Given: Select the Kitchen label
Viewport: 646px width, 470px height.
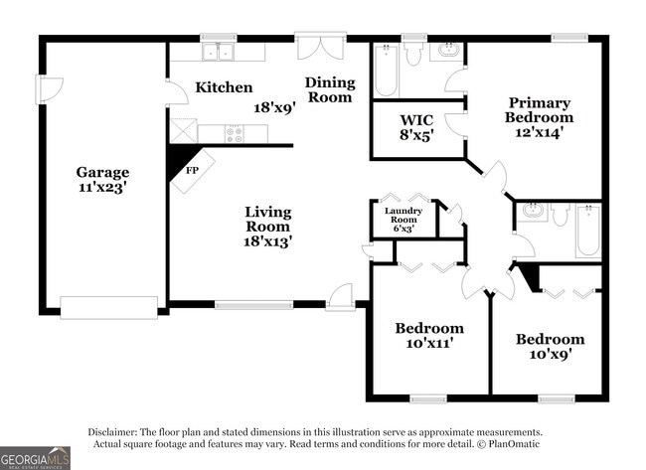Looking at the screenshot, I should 223,87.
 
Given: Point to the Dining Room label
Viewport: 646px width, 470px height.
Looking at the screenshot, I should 329,89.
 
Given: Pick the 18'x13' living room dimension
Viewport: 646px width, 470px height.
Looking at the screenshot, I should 268,239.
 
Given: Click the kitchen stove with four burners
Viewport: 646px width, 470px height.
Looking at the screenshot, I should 234,132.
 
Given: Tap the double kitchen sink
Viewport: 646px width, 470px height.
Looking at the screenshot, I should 217,52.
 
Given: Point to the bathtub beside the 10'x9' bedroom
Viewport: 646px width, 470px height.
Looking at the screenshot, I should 587,231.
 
